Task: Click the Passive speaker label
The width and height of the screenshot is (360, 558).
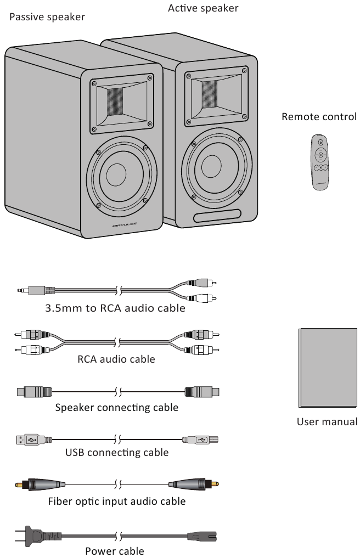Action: point(47,17)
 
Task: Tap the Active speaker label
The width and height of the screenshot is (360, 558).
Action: point(203,8)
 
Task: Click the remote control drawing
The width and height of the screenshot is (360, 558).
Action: point(319,162)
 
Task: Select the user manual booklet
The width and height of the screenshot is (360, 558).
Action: point(328,368)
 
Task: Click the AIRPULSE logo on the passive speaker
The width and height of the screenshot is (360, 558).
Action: point(124,226)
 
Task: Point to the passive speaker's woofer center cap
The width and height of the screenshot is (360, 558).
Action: point(116,174)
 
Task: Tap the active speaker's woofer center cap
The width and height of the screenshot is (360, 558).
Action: point(211,166)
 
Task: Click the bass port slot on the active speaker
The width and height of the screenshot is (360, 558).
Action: point(217,216)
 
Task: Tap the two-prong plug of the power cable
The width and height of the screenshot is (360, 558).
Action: point(38,536)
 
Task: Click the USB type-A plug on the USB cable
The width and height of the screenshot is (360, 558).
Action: point(34,440)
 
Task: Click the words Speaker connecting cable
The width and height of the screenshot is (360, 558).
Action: point(117,408)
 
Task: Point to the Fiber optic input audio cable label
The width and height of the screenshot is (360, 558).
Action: point(117,501)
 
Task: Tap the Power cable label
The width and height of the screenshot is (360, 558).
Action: point(115,551)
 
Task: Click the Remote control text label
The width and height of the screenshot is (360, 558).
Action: point(319,117)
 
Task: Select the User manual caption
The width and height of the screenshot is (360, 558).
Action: point(327,422)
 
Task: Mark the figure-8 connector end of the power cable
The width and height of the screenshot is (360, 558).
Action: point(202,536)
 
